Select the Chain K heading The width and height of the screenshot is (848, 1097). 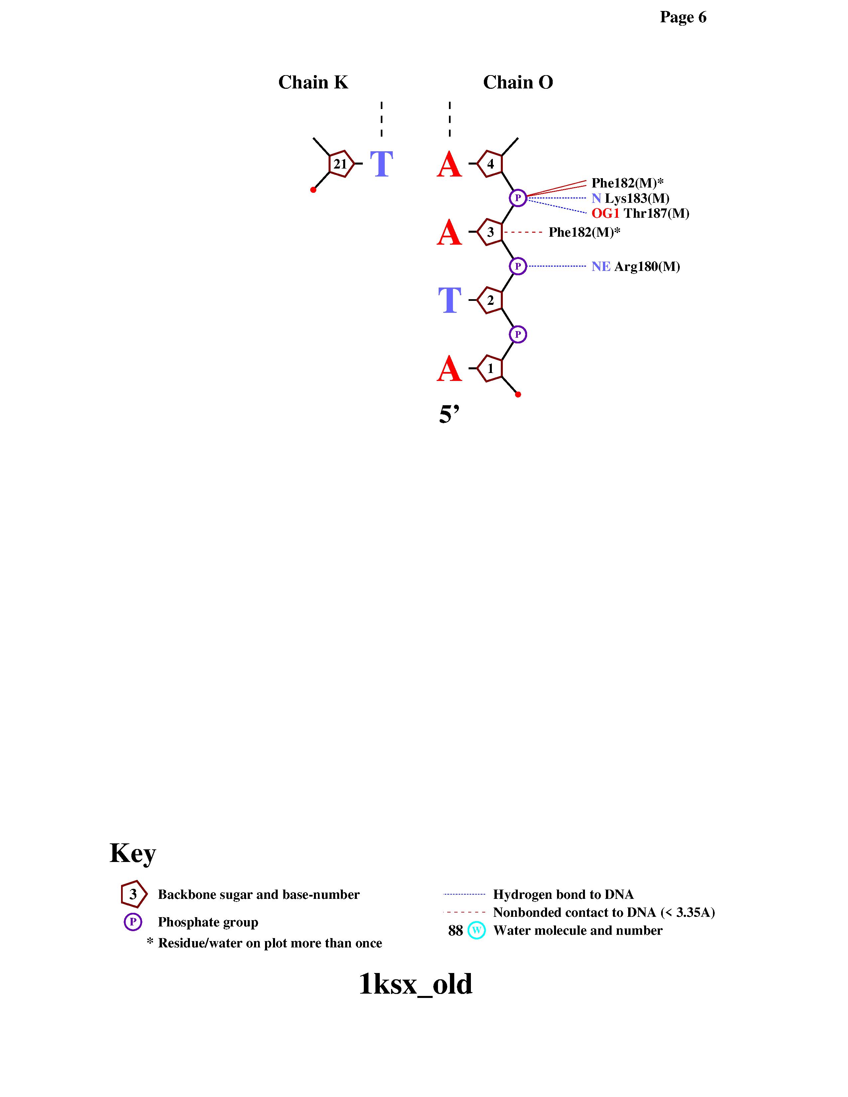(313, 82)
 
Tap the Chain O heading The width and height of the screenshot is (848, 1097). (518, 82)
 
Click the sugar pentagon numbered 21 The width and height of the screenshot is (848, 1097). (341, 164)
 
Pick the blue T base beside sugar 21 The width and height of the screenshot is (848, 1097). (381, 164)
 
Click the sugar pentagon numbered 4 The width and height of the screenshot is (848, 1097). (489, 164)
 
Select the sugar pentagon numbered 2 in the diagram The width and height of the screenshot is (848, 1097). (489, 301)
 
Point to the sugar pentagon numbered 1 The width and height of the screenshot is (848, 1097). (489, 369)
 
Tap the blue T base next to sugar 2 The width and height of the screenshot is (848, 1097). (450, 301)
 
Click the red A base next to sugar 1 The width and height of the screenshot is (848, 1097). (449, 369)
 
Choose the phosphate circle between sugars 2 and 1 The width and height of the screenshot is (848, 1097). (518, 334)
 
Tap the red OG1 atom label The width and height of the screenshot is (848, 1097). (605, 213)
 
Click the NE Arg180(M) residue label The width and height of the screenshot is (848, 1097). (636, 267)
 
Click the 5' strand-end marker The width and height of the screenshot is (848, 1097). (449, 415)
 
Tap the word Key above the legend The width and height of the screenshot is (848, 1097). (133, 853)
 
